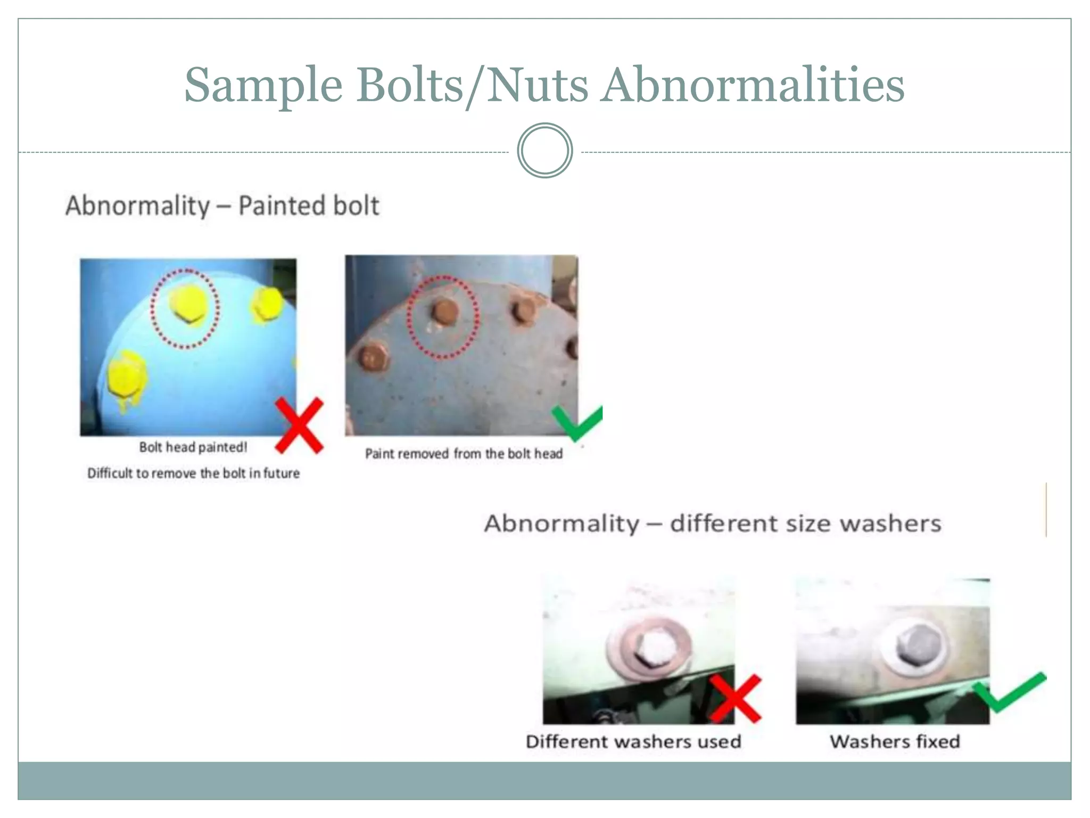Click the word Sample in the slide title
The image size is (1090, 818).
click(x=263, y=85)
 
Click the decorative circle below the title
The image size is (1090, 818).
click(x=544, y=151)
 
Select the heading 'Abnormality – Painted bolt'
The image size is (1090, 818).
click(x=222, y=206)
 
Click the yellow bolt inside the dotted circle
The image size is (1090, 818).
click(x=187, y=305)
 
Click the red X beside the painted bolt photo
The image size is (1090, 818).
click(x=299, y=425)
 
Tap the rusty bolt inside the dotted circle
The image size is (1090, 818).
click(x=444, y=311)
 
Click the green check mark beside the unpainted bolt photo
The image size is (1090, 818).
click(x=577, y=422)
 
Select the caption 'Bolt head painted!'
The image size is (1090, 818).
click(x=193, y=447)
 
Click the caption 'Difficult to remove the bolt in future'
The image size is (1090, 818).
click(x=193, y=473)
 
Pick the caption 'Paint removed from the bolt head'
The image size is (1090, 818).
click(x=464, y=454)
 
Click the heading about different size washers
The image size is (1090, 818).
click(x=713, y=523)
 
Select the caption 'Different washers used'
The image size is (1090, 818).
click(x=633, y=742)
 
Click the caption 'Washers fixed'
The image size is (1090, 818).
click(x=895, y=742)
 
